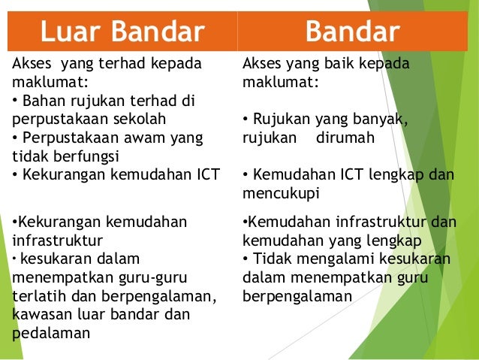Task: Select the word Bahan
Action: tap(44, 101)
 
